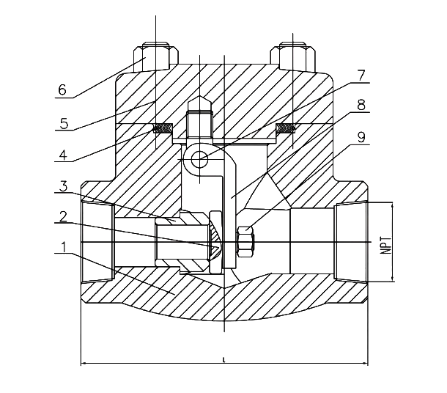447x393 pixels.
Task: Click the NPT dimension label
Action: coord(385,243)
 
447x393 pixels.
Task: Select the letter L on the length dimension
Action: coord(222,359)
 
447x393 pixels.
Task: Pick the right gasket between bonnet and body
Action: coord(284,131)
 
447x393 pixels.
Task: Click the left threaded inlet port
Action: coord(97,242)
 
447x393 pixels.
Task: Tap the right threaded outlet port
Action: coord(351,242)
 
